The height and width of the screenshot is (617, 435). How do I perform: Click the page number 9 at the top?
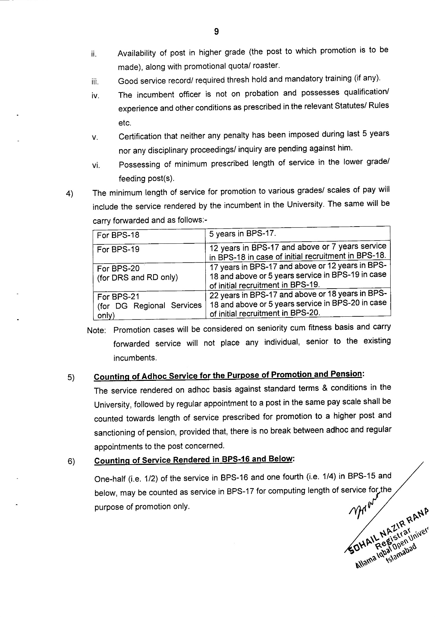coord(216,32)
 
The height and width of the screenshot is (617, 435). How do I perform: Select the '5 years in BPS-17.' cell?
coord(243,234)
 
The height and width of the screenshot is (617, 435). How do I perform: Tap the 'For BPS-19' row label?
coord(118,250)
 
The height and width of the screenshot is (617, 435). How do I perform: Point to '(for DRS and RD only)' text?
coord(137,277)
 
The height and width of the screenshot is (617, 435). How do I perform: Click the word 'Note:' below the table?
coord(96,330)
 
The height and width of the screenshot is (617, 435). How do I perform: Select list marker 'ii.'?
coord(94,54)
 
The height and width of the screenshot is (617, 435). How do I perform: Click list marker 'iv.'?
coord(95,96)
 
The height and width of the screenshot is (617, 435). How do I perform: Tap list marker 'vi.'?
coord(95,166)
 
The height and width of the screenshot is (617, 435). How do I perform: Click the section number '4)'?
coord(70,194)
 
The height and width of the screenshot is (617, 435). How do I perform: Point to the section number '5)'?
coord(71,378)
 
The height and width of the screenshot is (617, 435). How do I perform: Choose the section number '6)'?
coord(71,462)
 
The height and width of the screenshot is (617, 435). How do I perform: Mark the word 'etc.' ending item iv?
coord(125,123)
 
